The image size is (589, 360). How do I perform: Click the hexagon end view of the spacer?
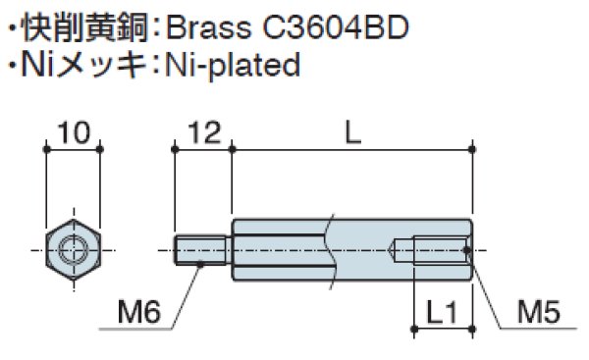74,250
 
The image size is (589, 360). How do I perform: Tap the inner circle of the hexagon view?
74,250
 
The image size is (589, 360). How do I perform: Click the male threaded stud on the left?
202,251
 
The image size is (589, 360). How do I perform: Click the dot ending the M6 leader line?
201,263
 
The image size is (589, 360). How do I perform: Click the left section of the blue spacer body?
280,251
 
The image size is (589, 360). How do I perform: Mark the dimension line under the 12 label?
202,149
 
